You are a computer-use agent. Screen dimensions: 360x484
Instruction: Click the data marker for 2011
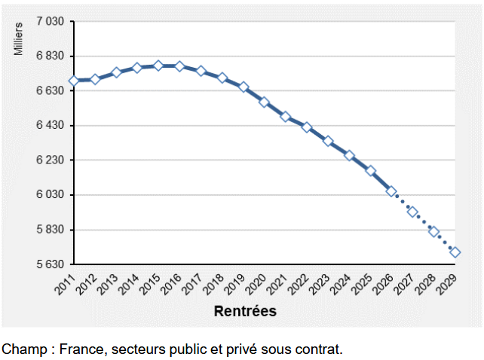coord(74,81)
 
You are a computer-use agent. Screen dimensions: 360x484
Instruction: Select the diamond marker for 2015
coord(158,66)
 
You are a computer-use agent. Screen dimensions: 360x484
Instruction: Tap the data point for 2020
coord(265,102)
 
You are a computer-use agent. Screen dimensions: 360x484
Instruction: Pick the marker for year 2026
coord(391,191)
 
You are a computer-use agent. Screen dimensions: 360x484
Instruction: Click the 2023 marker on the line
coord(328,141)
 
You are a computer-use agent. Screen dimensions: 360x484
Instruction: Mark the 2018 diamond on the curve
coord(222,78)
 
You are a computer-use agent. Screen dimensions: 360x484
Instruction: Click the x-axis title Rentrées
coord(245,310)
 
